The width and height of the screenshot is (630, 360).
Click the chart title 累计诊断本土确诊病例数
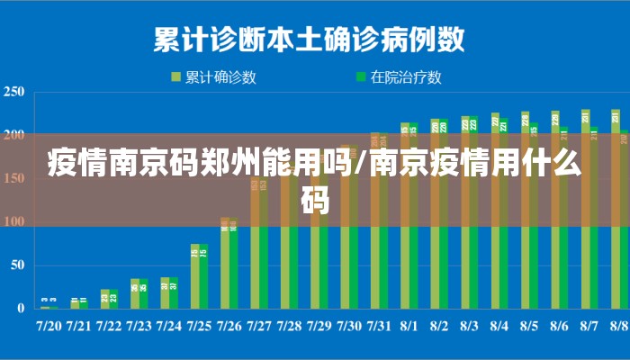pyautogui.click(x=310, y=39)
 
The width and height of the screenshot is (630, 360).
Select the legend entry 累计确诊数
pyautogui.click(x=220, y=77)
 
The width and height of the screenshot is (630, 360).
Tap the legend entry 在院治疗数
pyautogui.click(x=406, y=77)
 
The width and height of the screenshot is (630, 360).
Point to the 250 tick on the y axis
pyautogui.click(x=13, y=92)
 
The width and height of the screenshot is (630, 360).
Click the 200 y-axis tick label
pyautogui.click(x=13, y=135)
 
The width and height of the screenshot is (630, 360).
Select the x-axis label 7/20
pyautogui.click(x=49, y=325)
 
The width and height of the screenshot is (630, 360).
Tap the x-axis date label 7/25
pyautogui.click(x=199, y=325)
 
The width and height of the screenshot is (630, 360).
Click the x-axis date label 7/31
pyautogui.click(x=379, y=325)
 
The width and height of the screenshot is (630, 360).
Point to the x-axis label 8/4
pyautogui.click(x=499, y=325)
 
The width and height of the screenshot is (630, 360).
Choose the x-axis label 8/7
pyautogui.click(x=589, y=325)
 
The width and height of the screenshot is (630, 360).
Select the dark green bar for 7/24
pyautogui.click(x=174, y=293)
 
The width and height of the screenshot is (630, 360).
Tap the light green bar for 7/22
pyautogui.click(x=104, y=299)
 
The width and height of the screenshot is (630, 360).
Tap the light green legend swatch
pyautogui.click(x=176, y=77)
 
